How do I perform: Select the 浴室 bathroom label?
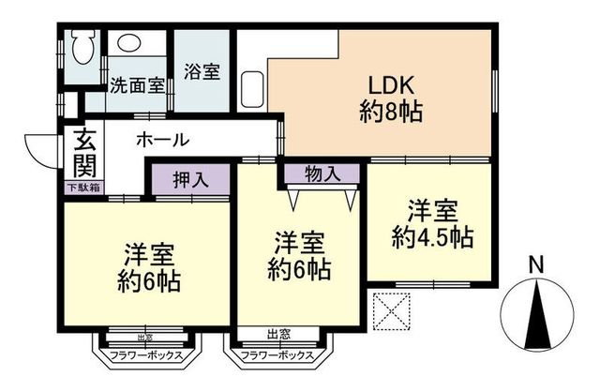pos(202,70)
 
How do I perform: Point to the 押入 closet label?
pos(189,177)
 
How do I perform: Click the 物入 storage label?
pos(322,173)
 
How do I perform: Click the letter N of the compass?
pos(534,264)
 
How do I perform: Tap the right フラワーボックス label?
pos(277,355)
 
